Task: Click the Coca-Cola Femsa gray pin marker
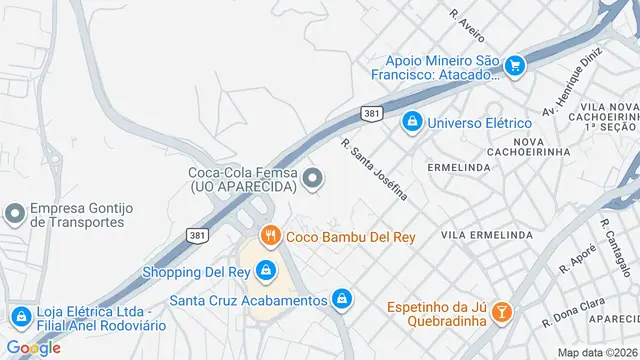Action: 314,179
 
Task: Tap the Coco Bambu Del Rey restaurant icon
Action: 269,236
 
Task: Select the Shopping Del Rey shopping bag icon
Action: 266,270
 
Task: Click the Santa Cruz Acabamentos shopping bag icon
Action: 342,299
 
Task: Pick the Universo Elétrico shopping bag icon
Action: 411,122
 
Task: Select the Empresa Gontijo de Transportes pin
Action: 14,214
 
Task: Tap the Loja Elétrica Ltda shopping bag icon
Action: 19,316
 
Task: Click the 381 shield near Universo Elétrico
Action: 371,114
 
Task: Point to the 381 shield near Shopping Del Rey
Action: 197,234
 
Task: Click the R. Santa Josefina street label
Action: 375,169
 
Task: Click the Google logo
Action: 33,348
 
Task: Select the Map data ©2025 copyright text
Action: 597,352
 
